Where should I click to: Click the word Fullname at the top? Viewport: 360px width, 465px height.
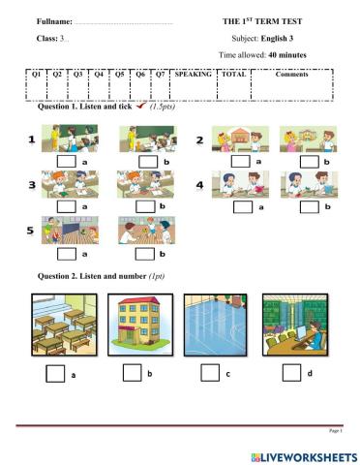[54, 20]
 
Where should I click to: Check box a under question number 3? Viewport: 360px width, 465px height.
[68, 205]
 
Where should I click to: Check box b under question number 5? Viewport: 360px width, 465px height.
[144, 253]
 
